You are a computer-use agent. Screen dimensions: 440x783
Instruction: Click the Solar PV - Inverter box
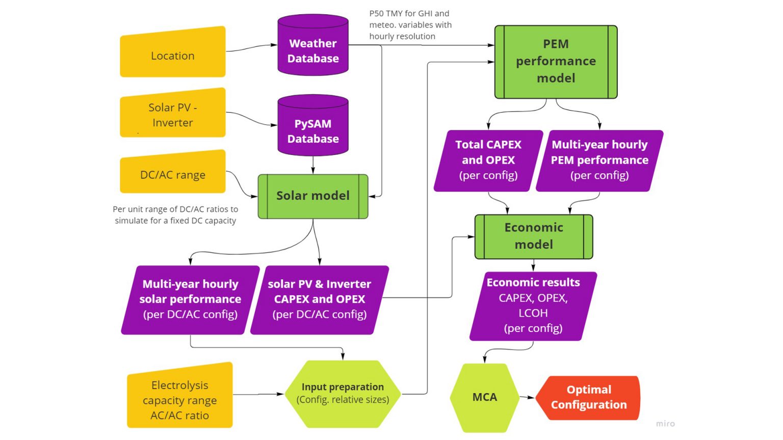(173, 114)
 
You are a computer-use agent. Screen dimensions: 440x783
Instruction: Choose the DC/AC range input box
(173, 173)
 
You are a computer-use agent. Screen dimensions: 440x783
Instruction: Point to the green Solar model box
(313, 196)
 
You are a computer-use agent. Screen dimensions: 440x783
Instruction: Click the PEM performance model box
(556, 61)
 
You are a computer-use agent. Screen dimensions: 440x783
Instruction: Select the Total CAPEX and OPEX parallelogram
(488, 160)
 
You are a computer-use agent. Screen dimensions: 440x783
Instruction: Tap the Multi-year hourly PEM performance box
(599, 160)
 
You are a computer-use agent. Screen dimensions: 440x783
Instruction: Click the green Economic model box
(534, 236)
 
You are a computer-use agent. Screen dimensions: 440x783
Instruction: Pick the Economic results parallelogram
(533, 306)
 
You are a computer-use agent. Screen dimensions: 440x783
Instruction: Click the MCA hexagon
(484, 397)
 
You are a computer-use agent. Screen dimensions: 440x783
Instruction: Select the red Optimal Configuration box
(589, 398)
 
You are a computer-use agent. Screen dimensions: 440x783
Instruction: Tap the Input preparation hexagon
(343, 394)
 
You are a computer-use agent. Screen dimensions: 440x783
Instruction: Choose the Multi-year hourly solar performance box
(190, 299)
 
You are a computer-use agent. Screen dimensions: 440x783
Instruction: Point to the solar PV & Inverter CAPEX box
(320, 299)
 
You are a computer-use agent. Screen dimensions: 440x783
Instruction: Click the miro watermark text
(665, 424)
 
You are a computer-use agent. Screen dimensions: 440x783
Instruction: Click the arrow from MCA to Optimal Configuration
(527, 397)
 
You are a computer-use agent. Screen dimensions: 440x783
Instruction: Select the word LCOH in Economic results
(533, 313)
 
